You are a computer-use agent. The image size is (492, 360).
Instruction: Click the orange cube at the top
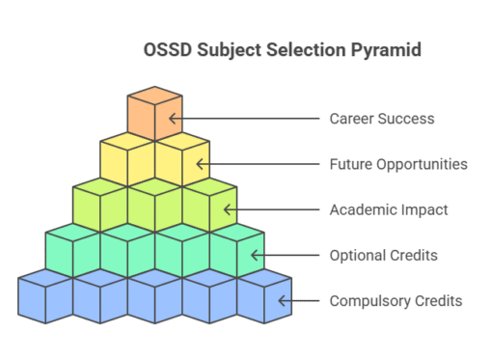(x=154, y=114)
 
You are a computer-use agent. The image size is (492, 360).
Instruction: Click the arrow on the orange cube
(x=175, y=119)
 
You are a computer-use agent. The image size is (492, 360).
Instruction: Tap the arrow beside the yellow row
(x=202, y=164)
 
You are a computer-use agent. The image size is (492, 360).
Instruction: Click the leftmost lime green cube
(x=100, y=205)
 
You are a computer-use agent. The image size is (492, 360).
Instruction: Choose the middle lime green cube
(x=154, y=205)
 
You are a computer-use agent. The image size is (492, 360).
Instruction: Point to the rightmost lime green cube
(x=208, y=205)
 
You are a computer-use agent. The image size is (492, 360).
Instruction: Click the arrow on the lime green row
(x=230, y=209)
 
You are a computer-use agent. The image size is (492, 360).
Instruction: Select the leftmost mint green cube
(x=73, y=250)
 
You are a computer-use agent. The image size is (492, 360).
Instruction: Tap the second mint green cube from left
(x=127, y=250)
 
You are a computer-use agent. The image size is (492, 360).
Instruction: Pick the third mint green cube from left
(x=181, y=250)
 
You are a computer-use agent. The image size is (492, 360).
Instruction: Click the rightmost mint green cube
(x=235, y=250)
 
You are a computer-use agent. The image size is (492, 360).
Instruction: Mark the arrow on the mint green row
(x=257, y=255)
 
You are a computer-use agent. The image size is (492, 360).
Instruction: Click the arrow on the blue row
(x=284, y=300)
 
